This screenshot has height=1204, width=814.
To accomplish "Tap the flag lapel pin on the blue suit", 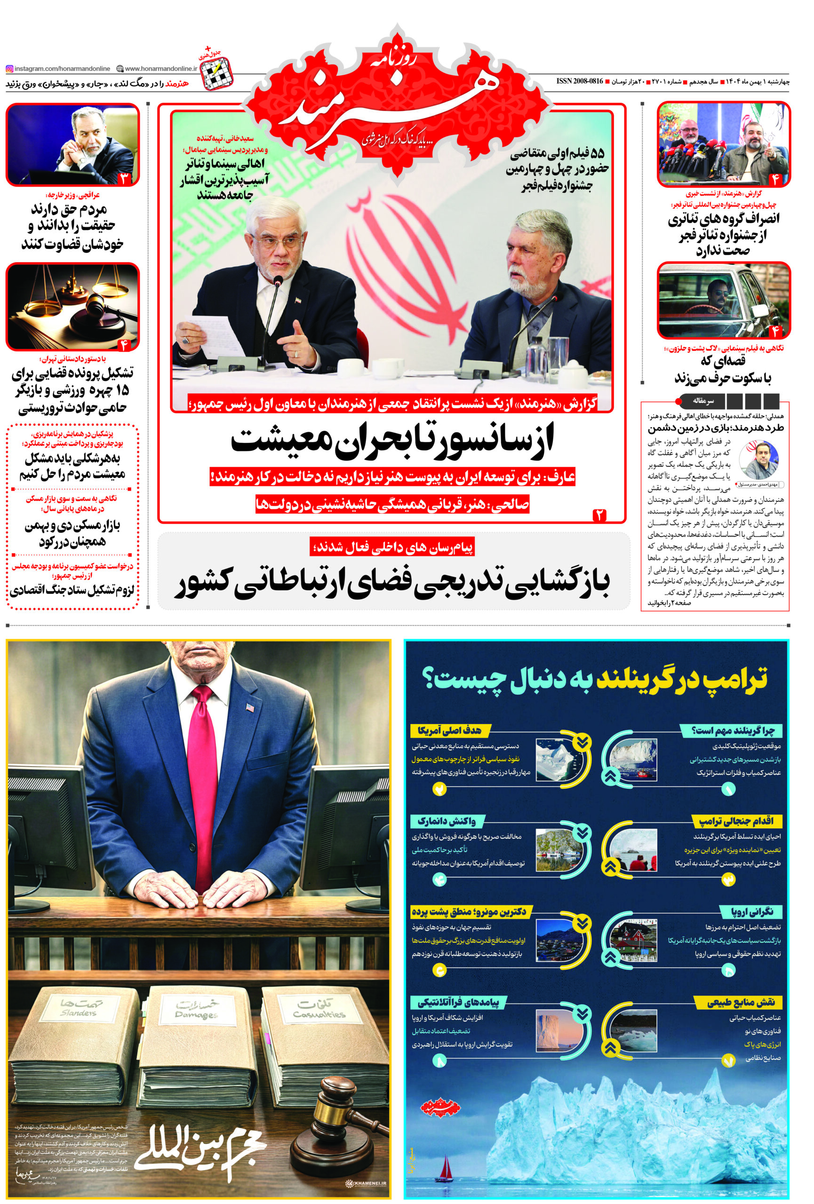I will click(251, 706).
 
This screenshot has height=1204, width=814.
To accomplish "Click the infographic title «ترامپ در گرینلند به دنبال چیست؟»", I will click(596, 680).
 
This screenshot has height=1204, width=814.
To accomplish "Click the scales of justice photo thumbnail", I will click(72, 306).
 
